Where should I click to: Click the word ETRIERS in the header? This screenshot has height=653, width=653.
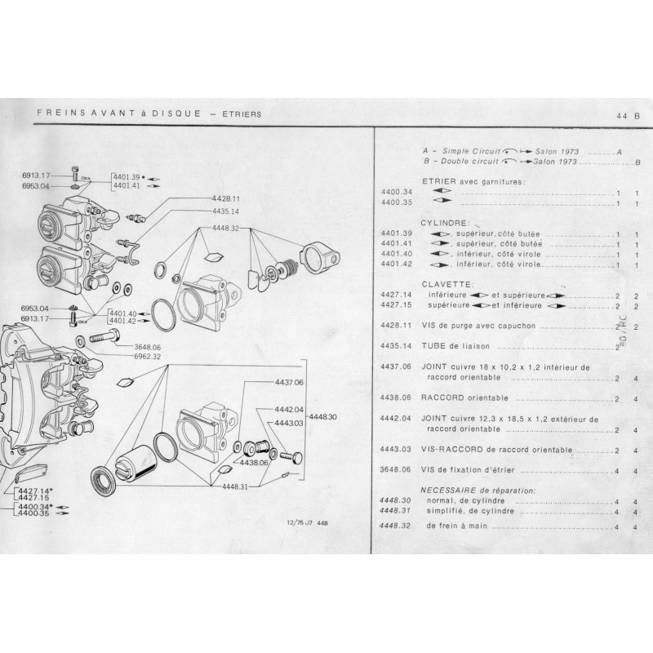pos(241,114)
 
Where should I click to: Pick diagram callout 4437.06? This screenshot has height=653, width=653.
pos(288,382)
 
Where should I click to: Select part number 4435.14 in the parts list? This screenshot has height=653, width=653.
pos(394,345)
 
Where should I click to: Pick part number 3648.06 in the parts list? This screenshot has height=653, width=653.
pos(394,470)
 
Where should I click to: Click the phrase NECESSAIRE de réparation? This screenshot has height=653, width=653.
pos(478,490)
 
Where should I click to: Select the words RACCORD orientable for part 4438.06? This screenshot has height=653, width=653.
pos(464,398)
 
